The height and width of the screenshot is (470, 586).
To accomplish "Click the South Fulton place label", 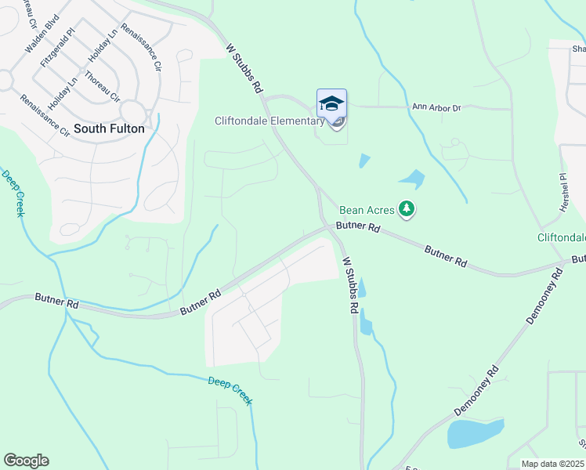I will tap(109, 128).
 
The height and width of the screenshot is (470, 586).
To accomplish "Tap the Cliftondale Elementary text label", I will tap(269, 121).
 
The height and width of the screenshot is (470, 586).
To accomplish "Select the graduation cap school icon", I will tap(331, 103).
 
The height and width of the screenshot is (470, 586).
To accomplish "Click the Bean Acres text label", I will tap(367, 210).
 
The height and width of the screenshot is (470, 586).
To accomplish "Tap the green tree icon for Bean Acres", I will tap(406, 209).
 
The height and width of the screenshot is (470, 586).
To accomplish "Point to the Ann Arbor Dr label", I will tap(437, 107).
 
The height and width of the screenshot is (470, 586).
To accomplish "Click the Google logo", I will tap(26, 461).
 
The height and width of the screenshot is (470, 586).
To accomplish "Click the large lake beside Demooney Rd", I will tap(474, 433).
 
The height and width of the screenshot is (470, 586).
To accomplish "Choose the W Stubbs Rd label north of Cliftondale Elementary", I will tap(243, 68).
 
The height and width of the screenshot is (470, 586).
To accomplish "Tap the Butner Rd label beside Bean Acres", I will tap(358, 227).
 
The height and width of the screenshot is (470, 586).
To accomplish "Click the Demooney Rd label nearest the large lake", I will tap(476, 392).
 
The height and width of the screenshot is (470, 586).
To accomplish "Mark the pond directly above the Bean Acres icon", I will tap(412, 179).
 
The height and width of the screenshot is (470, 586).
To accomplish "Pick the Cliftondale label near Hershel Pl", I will tap(562, 237).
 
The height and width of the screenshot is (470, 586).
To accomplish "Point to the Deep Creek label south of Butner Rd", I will tap(230, 390).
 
